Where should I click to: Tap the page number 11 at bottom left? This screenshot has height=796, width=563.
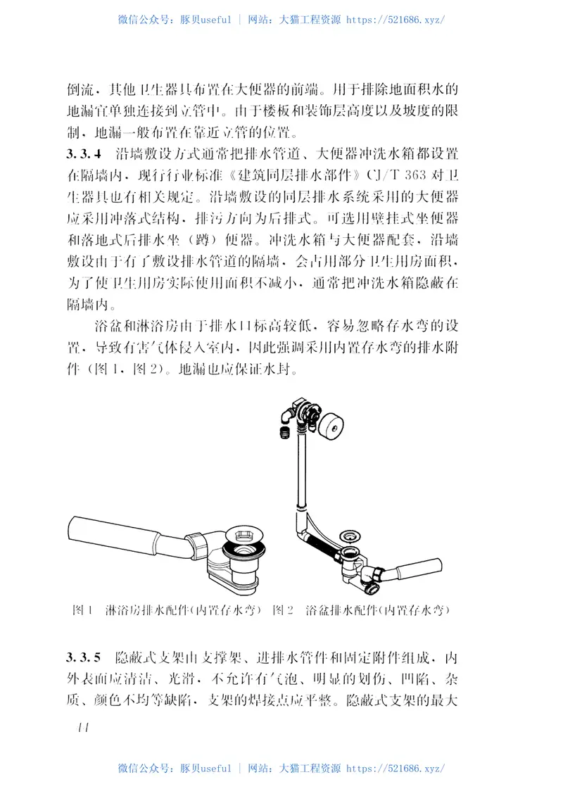click(x=79, y=727)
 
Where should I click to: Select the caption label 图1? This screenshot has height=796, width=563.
click(x=83, y=610)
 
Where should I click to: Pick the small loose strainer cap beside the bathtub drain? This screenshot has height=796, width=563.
click(x=347, y=537)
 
